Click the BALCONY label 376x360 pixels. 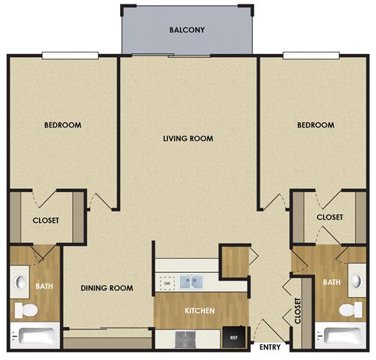tap(188, 31)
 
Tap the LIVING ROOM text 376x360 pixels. tap(188, 139)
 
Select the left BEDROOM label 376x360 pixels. tap(62, 125)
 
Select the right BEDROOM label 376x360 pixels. tap(314, 125)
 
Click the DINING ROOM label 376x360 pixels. tap(107, 288)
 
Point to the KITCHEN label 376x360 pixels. tap(200, 310)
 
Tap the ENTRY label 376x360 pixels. tap(270, 348)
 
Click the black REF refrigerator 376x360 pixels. tap(234, 338)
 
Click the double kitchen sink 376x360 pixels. tap(190, 282)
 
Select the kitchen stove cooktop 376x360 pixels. tap(186, 339)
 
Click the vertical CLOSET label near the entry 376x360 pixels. tap(298, 309)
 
